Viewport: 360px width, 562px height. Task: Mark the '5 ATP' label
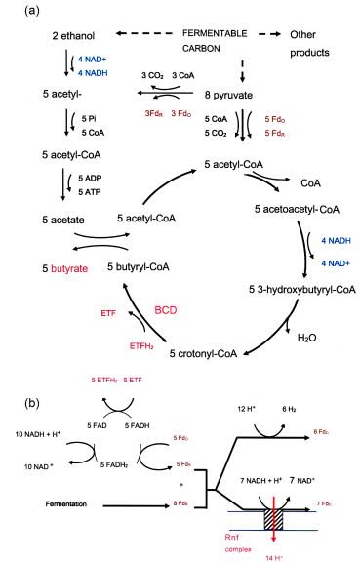point(81,193)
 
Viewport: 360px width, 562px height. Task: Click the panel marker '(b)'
point(14,401)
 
